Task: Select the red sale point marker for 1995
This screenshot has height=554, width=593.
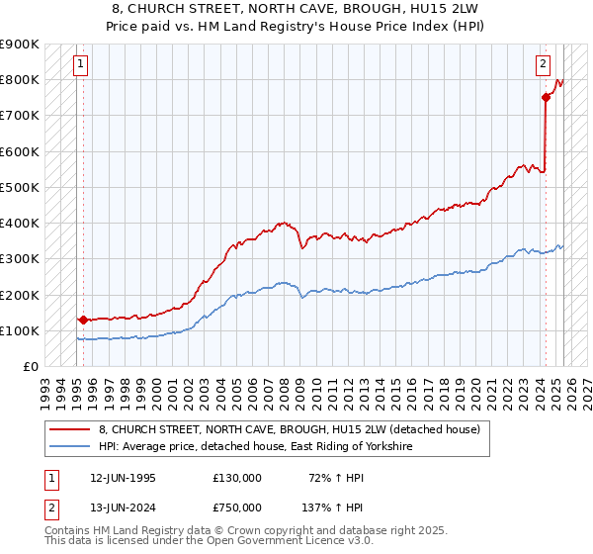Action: [x=82, y=320]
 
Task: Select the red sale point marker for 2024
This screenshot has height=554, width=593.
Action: [x=546, y=97]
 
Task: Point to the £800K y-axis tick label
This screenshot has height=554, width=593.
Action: [x=20, y=79]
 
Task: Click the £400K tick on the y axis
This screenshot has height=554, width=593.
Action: [x=20, y=223]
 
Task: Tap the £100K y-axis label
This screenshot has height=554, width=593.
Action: [x=20, y=330]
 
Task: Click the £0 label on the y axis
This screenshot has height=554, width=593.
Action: [x=30, y=366]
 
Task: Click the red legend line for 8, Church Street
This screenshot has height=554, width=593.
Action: [x=70, y=429]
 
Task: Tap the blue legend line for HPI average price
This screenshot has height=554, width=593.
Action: [x=70, y=446]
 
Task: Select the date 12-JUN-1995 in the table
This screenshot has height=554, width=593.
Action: [x=123, y=478]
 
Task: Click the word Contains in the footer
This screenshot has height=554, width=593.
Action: [x=70, y=531]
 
